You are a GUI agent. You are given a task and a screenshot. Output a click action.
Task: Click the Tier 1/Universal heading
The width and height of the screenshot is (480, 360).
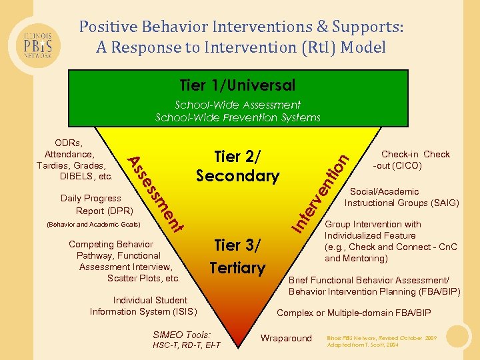[237, 85]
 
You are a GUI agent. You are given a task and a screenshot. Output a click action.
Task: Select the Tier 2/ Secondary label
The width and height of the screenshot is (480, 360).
[237, 166]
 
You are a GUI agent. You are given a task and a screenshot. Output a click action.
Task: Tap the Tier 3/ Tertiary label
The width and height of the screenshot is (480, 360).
[237, 256]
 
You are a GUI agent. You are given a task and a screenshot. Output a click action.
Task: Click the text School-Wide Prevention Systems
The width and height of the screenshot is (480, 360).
[237, 117]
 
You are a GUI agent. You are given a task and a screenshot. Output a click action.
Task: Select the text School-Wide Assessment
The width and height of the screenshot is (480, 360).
[237, 105]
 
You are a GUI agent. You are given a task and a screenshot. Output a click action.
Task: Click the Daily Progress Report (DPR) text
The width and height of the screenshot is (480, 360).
[91, 204]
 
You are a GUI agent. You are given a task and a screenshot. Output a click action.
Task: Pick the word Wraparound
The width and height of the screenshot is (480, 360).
[286, 338]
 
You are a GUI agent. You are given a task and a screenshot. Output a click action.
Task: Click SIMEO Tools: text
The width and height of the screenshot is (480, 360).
[181, 334]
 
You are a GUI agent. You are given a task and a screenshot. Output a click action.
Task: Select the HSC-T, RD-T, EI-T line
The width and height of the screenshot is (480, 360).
[186, 345]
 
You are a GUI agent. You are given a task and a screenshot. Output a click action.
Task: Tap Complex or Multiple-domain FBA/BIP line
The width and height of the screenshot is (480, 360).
[353, 313]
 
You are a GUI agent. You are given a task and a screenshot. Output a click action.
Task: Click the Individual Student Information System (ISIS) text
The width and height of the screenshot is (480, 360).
[143, 305]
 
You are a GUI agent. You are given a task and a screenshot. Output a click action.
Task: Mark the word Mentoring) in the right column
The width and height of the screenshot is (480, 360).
[366, 258]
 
